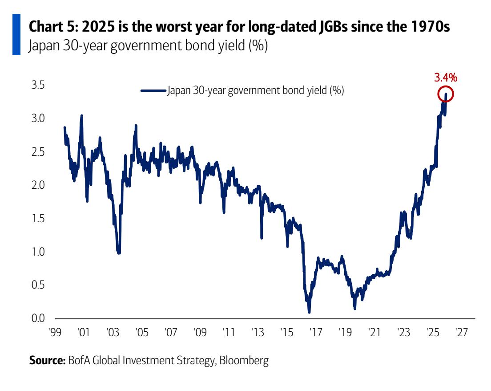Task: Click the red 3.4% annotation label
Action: point(445,78)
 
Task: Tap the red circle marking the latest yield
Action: point(446,94)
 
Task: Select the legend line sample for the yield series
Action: point(153,90)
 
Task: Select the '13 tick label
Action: point(258,333)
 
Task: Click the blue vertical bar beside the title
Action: point(16,34)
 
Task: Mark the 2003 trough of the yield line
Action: point(119,252)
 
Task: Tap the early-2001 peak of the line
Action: point(82,117)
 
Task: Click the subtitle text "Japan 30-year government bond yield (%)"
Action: point(148,46)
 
